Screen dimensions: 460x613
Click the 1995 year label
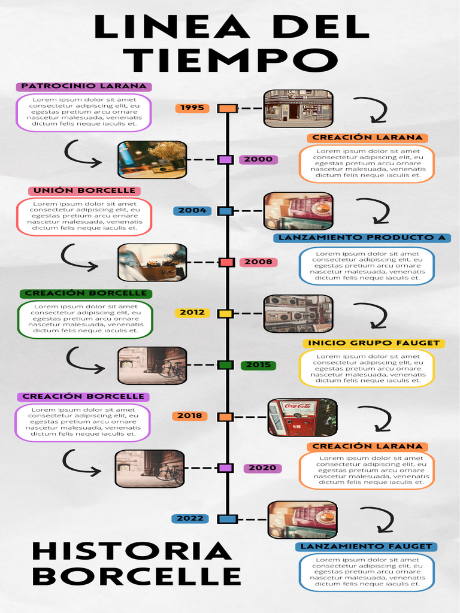point(192,108)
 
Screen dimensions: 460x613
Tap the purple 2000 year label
point(258,160)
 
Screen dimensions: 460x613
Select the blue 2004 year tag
point(192,211)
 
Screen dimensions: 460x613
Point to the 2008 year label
point(258,262)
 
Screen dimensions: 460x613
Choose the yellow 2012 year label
point(192,312)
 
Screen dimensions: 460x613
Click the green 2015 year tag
point(258,365)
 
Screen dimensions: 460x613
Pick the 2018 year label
point(189,416)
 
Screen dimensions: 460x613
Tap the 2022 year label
point(190,519)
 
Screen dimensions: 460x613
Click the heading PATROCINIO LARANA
point(84,87)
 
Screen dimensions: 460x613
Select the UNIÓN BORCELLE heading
point(84,191)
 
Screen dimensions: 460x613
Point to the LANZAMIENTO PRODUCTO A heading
point(362,238)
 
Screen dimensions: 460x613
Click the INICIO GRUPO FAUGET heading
point(374,344)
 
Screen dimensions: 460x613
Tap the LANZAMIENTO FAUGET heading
point(366,547)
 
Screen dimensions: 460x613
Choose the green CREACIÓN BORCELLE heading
point(86,294)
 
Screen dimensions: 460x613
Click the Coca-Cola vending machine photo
point(302,417)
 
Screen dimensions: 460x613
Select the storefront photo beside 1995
point(298,108)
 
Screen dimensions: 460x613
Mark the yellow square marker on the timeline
point(225,314)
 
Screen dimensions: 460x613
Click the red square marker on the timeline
point(226,262)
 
